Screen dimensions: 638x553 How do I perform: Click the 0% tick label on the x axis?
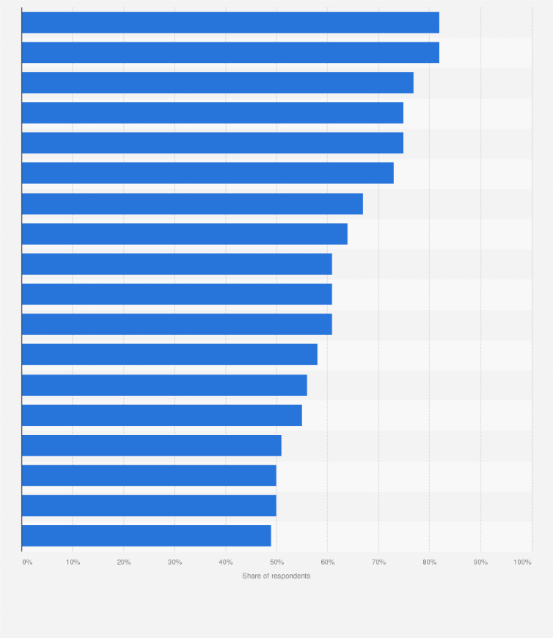[x=27, y=562]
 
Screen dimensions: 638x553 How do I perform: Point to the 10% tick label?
[x=73, y=562]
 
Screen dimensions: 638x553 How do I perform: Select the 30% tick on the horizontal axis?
[x=175, y=562]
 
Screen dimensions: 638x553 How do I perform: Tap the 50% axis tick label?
[x=276, y=562]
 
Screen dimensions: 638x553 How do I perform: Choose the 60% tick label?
[x=328, y=562]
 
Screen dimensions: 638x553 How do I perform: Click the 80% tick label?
[x=430, y=562]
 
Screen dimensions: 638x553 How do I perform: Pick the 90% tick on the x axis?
[x=480, y=562]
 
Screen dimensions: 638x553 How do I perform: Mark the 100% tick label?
[x=522, y=562]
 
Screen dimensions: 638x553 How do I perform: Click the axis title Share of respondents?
[x=276, y=576]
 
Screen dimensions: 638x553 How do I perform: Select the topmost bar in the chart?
[x=230, y=23]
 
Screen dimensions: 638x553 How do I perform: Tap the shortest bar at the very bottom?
[x=147, y=535]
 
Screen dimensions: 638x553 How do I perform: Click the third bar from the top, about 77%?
[x=217, y=83]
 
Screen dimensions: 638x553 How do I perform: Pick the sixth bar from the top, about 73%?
[x=208, y=173]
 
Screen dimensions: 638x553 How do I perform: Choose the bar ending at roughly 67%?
[x=192, y=204]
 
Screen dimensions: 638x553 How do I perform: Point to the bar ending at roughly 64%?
[x=184, y=234]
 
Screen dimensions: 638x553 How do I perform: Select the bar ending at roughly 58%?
[x=169, y=354]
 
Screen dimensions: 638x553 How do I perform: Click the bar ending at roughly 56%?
[x=164, y=385]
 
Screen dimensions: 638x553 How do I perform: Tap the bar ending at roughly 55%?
[x=161, y=415]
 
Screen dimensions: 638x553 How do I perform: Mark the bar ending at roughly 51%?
[x=152, y=445]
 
